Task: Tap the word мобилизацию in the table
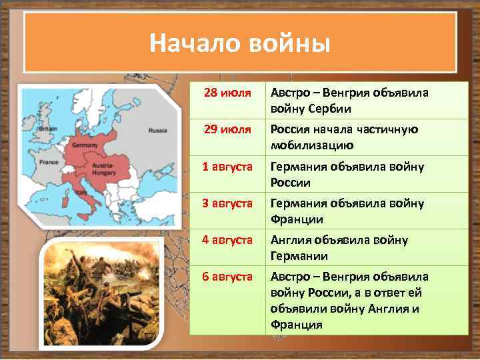click(312, 145)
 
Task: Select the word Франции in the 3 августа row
click(297, 219)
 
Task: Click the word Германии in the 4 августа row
click(299, 255)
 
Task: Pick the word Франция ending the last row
click(296, 325)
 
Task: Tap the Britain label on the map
click(49, 129)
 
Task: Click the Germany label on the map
click(85, 145)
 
